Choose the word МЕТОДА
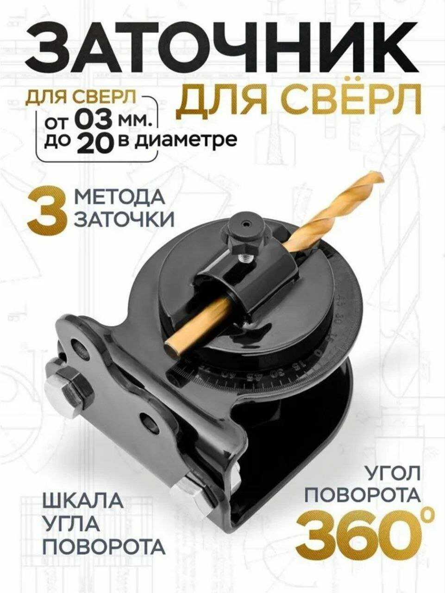(119, 198)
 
